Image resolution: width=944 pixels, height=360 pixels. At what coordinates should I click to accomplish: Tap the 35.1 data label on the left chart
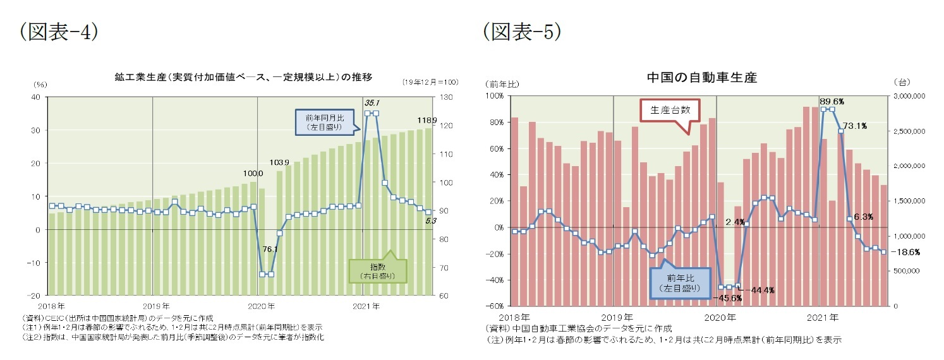[x=371, y=102]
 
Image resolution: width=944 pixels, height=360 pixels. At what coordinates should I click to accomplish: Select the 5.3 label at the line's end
[x=428, y=220]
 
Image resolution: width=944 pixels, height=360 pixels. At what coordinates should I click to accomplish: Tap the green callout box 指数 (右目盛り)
[x=378, y=272]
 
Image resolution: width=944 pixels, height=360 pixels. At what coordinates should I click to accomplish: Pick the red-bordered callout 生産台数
[x=670, y=109]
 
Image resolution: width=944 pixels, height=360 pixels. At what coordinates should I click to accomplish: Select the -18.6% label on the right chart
[x=907, y=251]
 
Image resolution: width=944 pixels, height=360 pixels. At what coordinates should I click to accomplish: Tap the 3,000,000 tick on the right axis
[x=908, y=96]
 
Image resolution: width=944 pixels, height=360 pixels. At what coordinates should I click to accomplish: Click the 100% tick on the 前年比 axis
[x=495, y=96]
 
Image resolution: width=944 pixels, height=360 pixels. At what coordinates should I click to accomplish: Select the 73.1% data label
[x=854, y=126]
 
